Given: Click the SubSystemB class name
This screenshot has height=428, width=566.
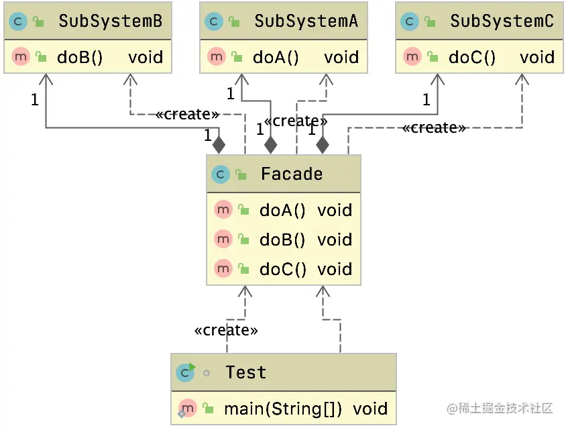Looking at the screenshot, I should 110,21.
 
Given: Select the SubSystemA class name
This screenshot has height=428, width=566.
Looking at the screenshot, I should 306,21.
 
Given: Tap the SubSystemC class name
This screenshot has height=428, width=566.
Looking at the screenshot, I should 502,21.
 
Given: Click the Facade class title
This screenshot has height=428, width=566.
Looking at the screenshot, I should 292,174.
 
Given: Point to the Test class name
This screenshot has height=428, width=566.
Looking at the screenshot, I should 245,373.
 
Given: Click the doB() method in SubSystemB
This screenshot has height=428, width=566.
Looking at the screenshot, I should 80,57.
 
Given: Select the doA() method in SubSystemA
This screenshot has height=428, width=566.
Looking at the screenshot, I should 276,57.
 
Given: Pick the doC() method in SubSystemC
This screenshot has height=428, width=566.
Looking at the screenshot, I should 472,57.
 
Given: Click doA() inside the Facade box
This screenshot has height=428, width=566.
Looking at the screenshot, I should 282,211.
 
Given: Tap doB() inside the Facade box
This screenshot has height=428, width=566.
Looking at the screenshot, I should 282,240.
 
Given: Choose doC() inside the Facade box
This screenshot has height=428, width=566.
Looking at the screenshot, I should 282,270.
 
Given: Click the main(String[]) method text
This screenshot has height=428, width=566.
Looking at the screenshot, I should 283,409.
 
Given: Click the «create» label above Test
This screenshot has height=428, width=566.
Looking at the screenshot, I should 226,330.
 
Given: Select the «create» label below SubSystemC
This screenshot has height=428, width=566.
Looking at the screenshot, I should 434,127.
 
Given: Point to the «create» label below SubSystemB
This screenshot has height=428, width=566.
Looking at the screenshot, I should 187,114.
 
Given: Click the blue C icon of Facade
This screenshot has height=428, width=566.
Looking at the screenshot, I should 221,174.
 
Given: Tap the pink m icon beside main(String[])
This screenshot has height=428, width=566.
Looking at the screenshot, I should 187,408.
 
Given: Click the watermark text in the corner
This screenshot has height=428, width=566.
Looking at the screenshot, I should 500,408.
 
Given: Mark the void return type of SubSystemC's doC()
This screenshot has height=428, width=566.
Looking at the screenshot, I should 536,57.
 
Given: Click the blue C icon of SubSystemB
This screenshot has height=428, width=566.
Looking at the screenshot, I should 17,21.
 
